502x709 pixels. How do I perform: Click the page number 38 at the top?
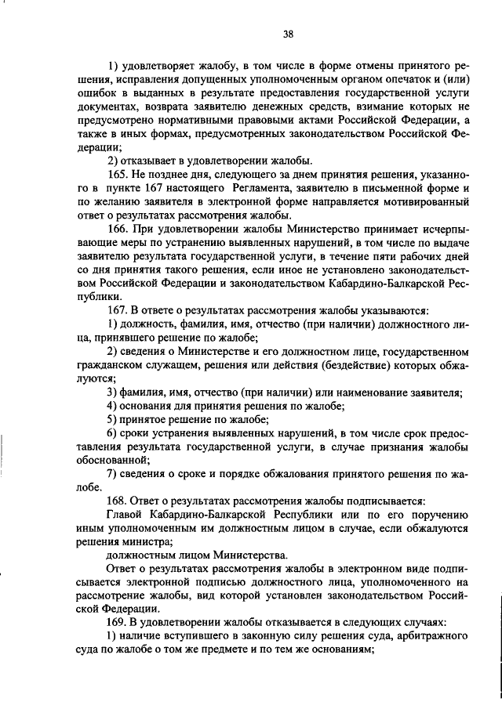click(288, 34)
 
